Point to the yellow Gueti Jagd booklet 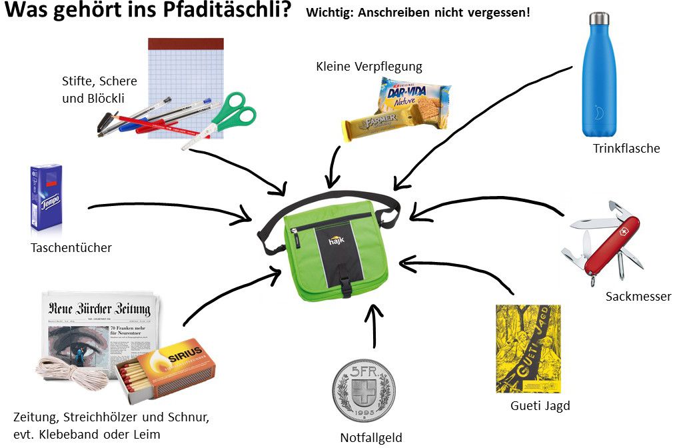pyautogui.click(x=528, y=349)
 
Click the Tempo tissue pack pyautogui.click(x=46, y=197)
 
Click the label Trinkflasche pyautogui.click(x=626, y=149)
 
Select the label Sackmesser pyautogui.click(x=638, y=297)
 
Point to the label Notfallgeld pyautogui.click(x=371, y=438)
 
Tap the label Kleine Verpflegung pyautogui.click(x=368, y=67)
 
